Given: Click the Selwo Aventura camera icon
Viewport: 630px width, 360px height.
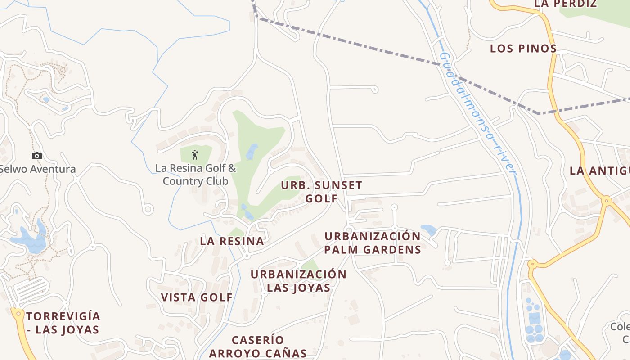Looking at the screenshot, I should pyautogui.click(x=37, y=156).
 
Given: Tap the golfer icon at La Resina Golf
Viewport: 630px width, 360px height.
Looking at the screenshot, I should pyautogui.click(x=195, y=155).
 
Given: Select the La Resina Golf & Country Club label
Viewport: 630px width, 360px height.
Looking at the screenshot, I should pyautogui.click(x=195, y=175).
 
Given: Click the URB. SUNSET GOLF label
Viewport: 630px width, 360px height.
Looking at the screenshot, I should pyautogui.click(x=321, y=192).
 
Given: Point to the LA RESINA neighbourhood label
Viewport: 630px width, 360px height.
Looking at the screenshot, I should pyautogui.click(x=232, y=241).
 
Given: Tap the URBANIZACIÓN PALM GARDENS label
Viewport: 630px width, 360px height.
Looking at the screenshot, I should pyautogui.click(x=373, y=243).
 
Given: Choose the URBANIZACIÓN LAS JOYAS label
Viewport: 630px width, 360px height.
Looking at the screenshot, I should pyautogui.click(x=298, y=281).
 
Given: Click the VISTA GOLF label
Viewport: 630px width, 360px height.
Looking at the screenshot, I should pyautogui.click(x=197, y=297).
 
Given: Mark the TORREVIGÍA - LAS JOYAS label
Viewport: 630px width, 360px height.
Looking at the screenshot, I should pyautogui.click(x=63, y=323).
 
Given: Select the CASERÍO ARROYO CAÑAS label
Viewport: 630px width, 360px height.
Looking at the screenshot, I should pyautogui.click(x=257, y=346).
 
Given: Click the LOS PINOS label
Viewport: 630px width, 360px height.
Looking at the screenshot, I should pyautogui.click(x=523, y=49).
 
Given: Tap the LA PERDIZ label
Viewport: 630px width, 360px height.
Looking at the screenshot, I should pyautogui.click(x=565, y=4).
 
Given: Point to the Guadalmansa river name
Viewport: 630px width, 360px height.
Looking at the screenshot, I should pyautogui.click(x=477, y=112).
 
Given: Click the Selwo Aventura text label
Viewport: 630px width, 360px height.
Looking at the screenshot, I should pyautogui.click(x=37, y=169).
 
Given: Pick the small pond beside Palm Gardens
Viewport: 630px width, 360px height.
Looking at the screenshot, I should pyautogui.click(x=428, y=230).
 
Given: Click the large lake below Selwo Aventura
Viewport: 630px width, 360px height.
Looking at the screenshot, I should pyautogui.click(x=29, y=240).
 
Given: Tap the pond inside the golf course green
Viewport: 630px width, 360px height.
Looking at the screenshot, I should pyautogui.click(x=252, y=152).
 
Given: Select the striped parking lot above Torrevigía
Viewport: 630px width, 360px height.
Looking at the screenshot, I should pyautogui.click(x=31, y=290).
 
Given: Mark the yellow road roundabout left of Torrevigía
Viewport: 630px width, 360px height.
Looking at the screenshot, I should pyautogui.click(x=18, y=313).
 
